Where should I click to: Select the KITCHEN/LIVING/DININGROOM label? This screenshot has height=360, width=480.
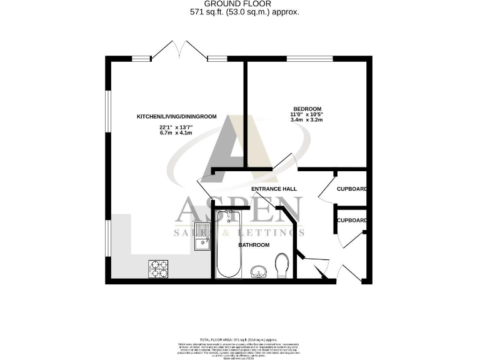176,116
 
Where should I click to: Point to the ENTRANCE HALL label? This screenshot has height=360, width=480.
273,189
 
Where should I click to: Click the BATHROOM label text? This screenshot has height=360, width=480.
254,245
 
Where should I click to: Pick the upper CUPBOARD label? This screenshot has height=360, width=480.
351,189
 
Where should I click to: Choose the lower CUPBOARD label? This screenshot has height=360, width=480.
351,220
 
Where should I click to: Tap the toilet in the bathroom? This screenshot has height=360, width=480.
282,265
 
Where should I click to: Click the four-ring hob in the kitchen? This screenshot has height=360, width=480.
157,269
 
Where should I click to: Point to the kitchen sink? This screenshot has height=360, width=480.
203,237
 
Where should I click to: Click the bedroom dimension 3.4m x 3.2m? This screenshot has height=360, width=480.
306,120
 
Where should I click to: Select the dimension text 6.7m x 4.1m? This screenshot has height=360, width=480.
176,133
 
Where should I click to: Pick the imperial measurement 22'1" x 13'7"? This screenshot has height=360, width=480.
176,127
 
